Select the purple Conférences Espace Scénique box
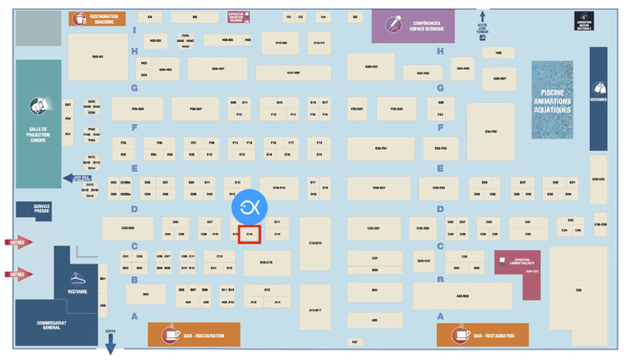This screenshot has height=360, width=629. pyautogui.click(x=419, y=25)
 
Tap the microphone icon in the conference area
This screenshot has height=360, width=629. pyautogui.click(x=392, y=24)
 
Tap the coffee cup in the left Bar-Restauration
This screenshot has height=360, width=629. pyautogui.click(x=171, y=334)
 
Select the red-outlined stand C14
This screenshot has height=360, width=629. pyautogui.click(x=250, y=233)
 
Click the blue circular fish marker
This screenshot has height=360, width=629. pyautogui.click(x=250, y=206)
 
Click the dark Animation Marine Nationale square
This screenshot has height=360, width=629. pyautogui.click(x=583, y=21)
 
